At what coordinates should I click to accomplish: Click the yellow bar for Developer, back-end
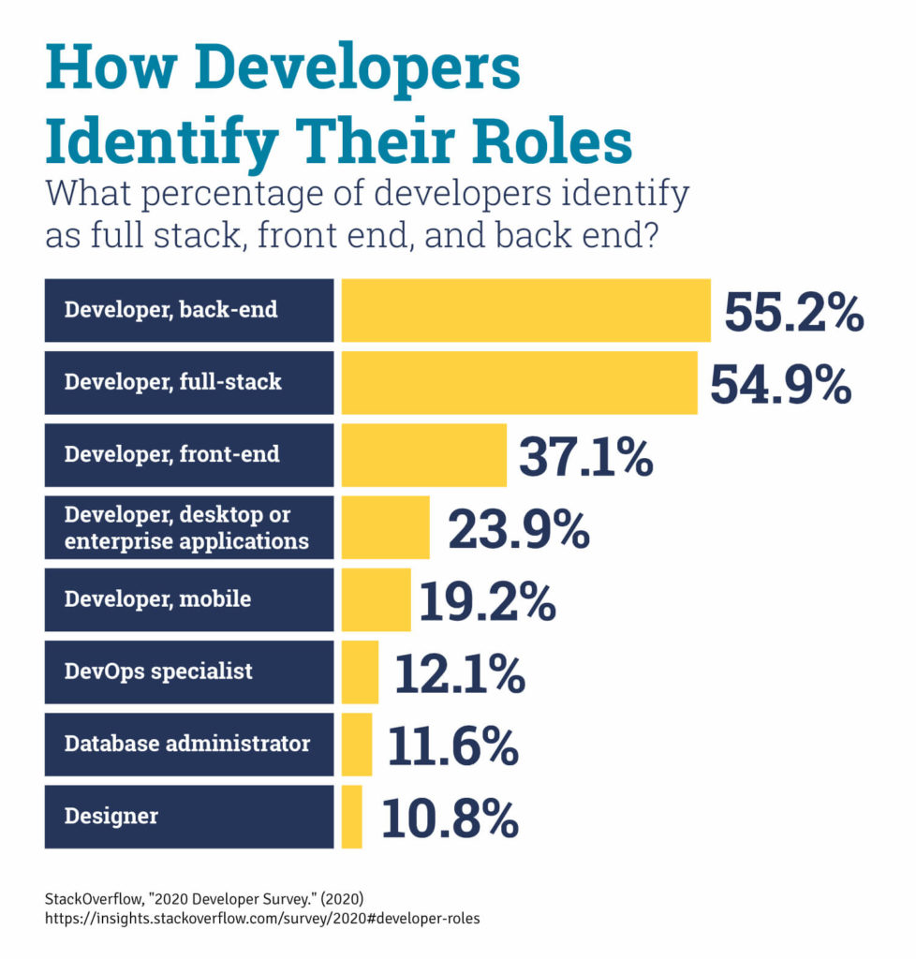pyautogui.click(x=525, y=310)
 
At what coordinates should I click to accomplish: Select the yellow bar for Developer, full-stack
pyautogui.click(x=519, y=382)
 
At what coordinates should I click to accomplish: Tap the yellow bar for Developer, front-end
pyautogui.click(x=423, y=455)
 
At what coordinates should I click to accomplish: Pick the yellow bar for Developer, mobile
pyautogui.click(x=376, y=599)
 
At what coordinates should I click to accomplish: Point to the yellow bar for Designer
pyautogui.click(x=351, y=817)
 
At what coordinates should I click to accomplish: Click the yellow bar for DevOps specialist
pyautogui.click(x=360, y=672)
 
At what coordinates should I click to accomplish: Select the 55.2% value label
pyautogui.click(x=792, y=314)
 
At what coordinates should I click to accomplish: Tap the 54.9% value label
pyautogui.click(x=780, y=385)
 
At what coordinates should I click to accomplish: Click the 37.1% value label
pyautogui.click(x=585, y=458)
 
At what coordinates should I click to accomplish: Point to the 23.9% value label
pyautogui.click(x=518, y=531)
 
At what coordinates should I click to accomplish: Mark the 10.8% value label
pyautogui.click(x=450, y=819)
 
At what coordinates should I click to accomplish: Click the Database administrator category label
pyautogui.click(x=186, y=745)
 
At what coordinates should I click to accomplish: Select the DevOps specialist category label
pyautogui.click(x=157, y=671)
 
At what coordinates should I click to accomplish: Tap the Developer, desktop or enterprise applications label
pyautogui.click(x=185, y=527)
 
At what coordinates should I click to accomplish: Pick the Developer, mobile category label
pyautogui.click(x=157, y=599)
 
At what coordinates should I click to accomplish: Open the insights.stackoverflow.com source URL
pyautogui.click(x=262, y=919)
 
